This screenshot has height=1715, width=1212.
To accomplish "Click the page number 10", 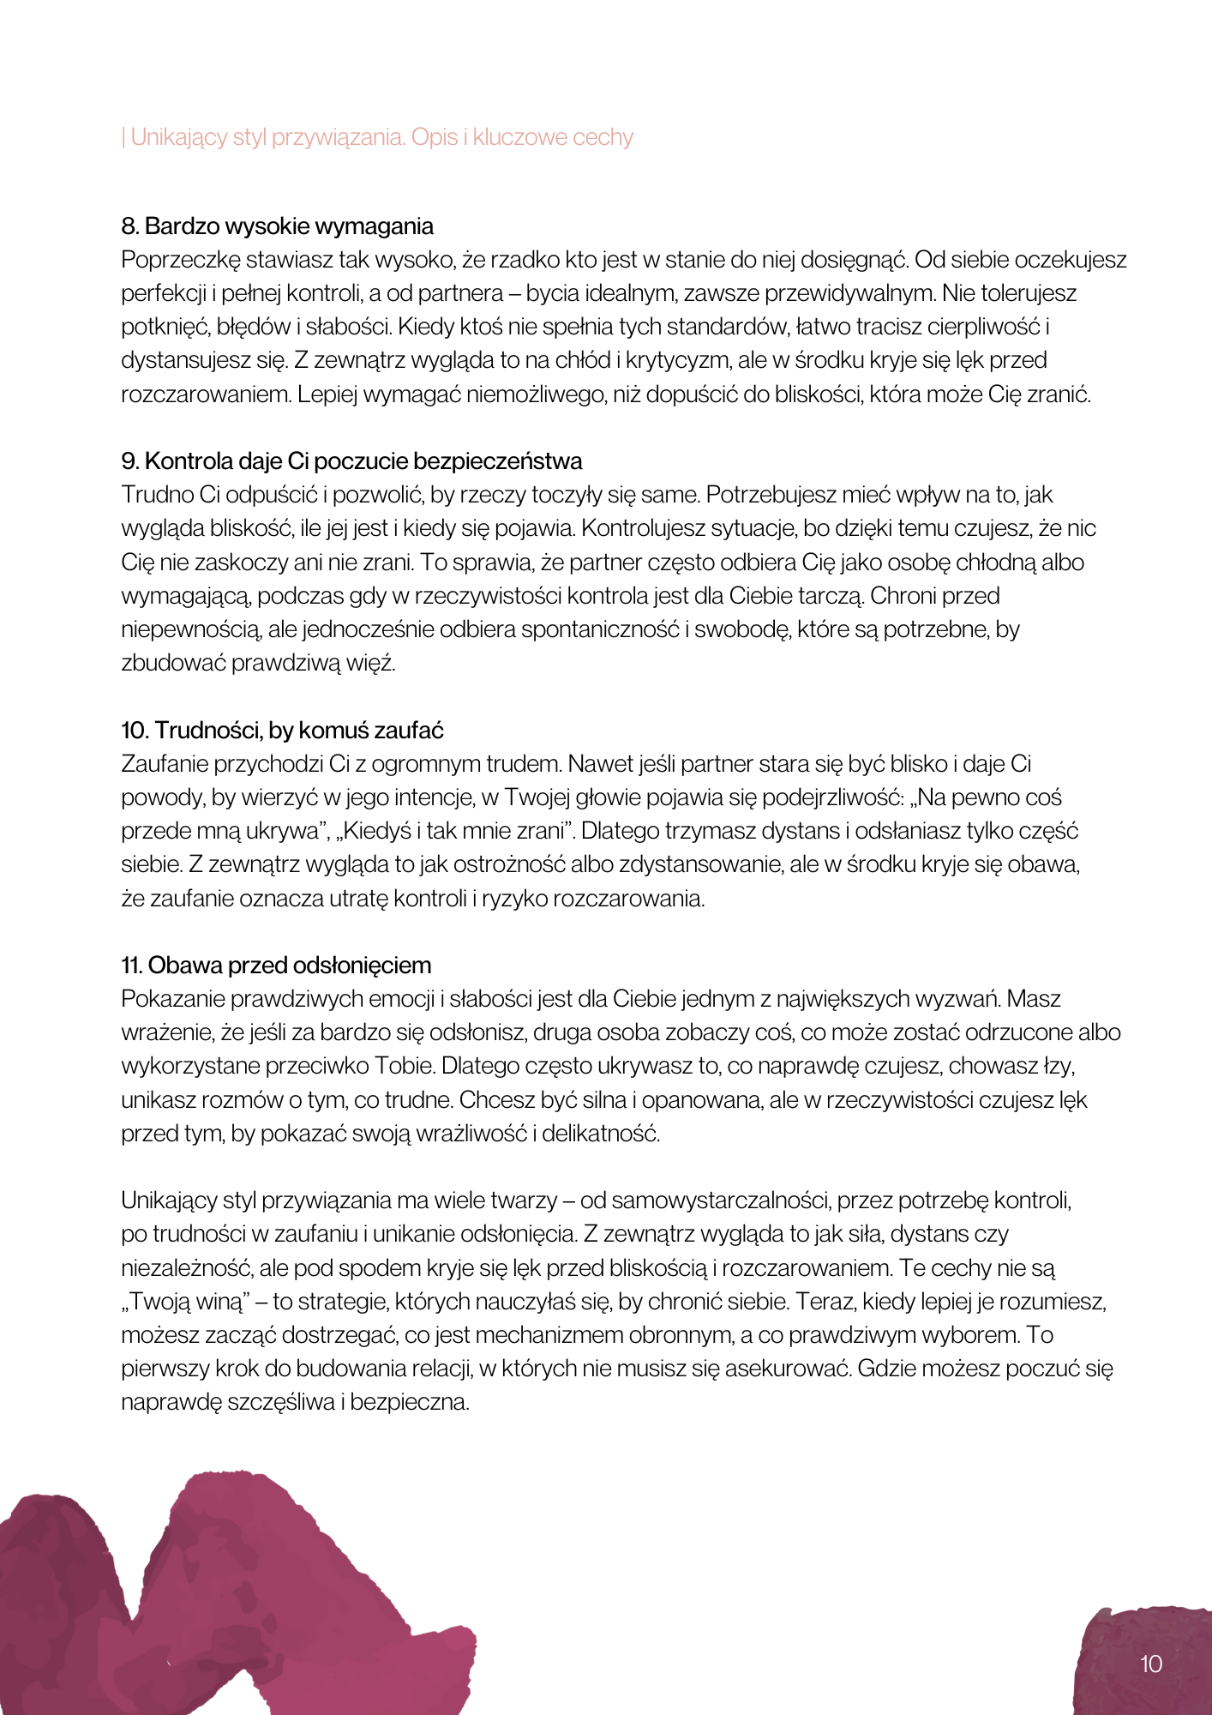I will pos(1150,1664).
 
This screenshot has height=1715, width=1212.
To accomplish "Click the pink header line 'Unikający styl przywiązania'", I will pos(377,137).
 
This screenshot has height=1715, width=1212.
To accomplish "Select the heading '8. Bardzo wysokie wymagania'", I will pos(277,226).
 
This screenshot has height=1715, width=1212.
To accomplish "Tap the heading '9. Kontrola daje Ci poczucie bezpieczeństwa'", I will pos(351,461).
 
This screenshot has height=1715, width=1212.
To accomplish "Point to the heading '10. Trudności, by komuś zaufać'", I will pos(282,731).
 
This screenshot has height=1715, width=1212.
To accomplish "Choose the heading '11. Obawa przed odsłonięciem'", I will pos(276,966).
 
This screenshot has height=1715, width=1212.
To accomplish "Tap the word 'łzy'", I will pos(1058,1066).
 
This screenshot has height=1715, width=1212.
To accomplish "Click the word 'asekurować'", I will pos(787,1369).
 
